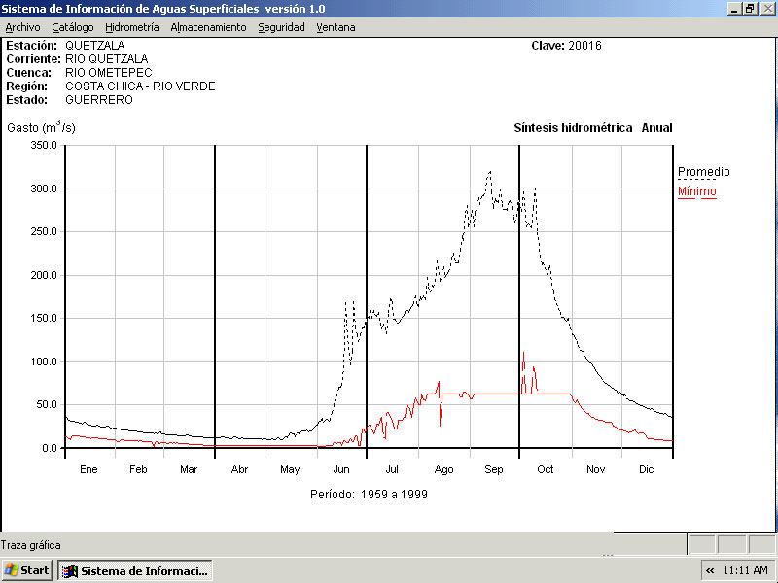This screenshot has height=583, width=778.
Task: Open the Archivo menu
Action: point(22,27)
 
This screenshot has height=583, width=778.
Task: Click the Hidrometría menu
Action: point(131,27)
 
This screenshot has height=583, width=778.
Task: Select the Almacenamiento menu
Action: point(208,27)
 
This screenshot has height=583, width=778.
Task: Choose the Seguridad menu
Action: point(281,27)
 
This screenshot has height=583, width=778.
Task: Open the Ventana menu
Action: point(336,27)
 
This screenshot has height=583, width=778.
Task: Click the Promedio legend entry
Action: point(703,172)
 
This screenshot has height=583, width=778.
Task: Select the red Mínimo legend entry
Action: point(696,191)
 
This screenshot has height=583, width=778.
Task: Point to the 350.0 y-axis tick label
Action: point(45,145)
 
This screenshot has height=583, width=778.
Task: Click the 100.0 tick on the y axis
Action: point(45,361)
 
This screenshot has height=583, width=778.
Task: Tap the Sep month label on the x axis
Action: point(494,469)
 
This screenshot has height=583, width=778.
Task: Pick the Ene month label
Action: point(88,469)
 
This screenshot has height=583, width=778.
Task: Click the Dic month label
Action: point(646,469)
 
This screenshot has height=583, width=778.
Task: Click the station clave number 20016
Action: point(584,46)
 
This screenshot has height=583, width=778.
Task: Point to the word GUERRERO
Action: point(99,100)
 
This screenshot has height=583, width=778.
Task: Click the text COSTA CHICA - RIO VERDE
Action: point(140,86)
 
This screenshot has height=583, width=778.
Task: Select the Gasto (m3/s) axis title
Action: point(41,127)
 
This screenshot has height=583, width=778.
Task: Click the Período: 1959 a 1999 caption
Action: point(369,494)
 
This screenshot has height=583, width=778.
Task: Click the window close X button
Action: point(766,8)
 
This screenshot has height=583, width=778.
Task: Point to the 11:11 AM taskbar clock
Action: point(746,570)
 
